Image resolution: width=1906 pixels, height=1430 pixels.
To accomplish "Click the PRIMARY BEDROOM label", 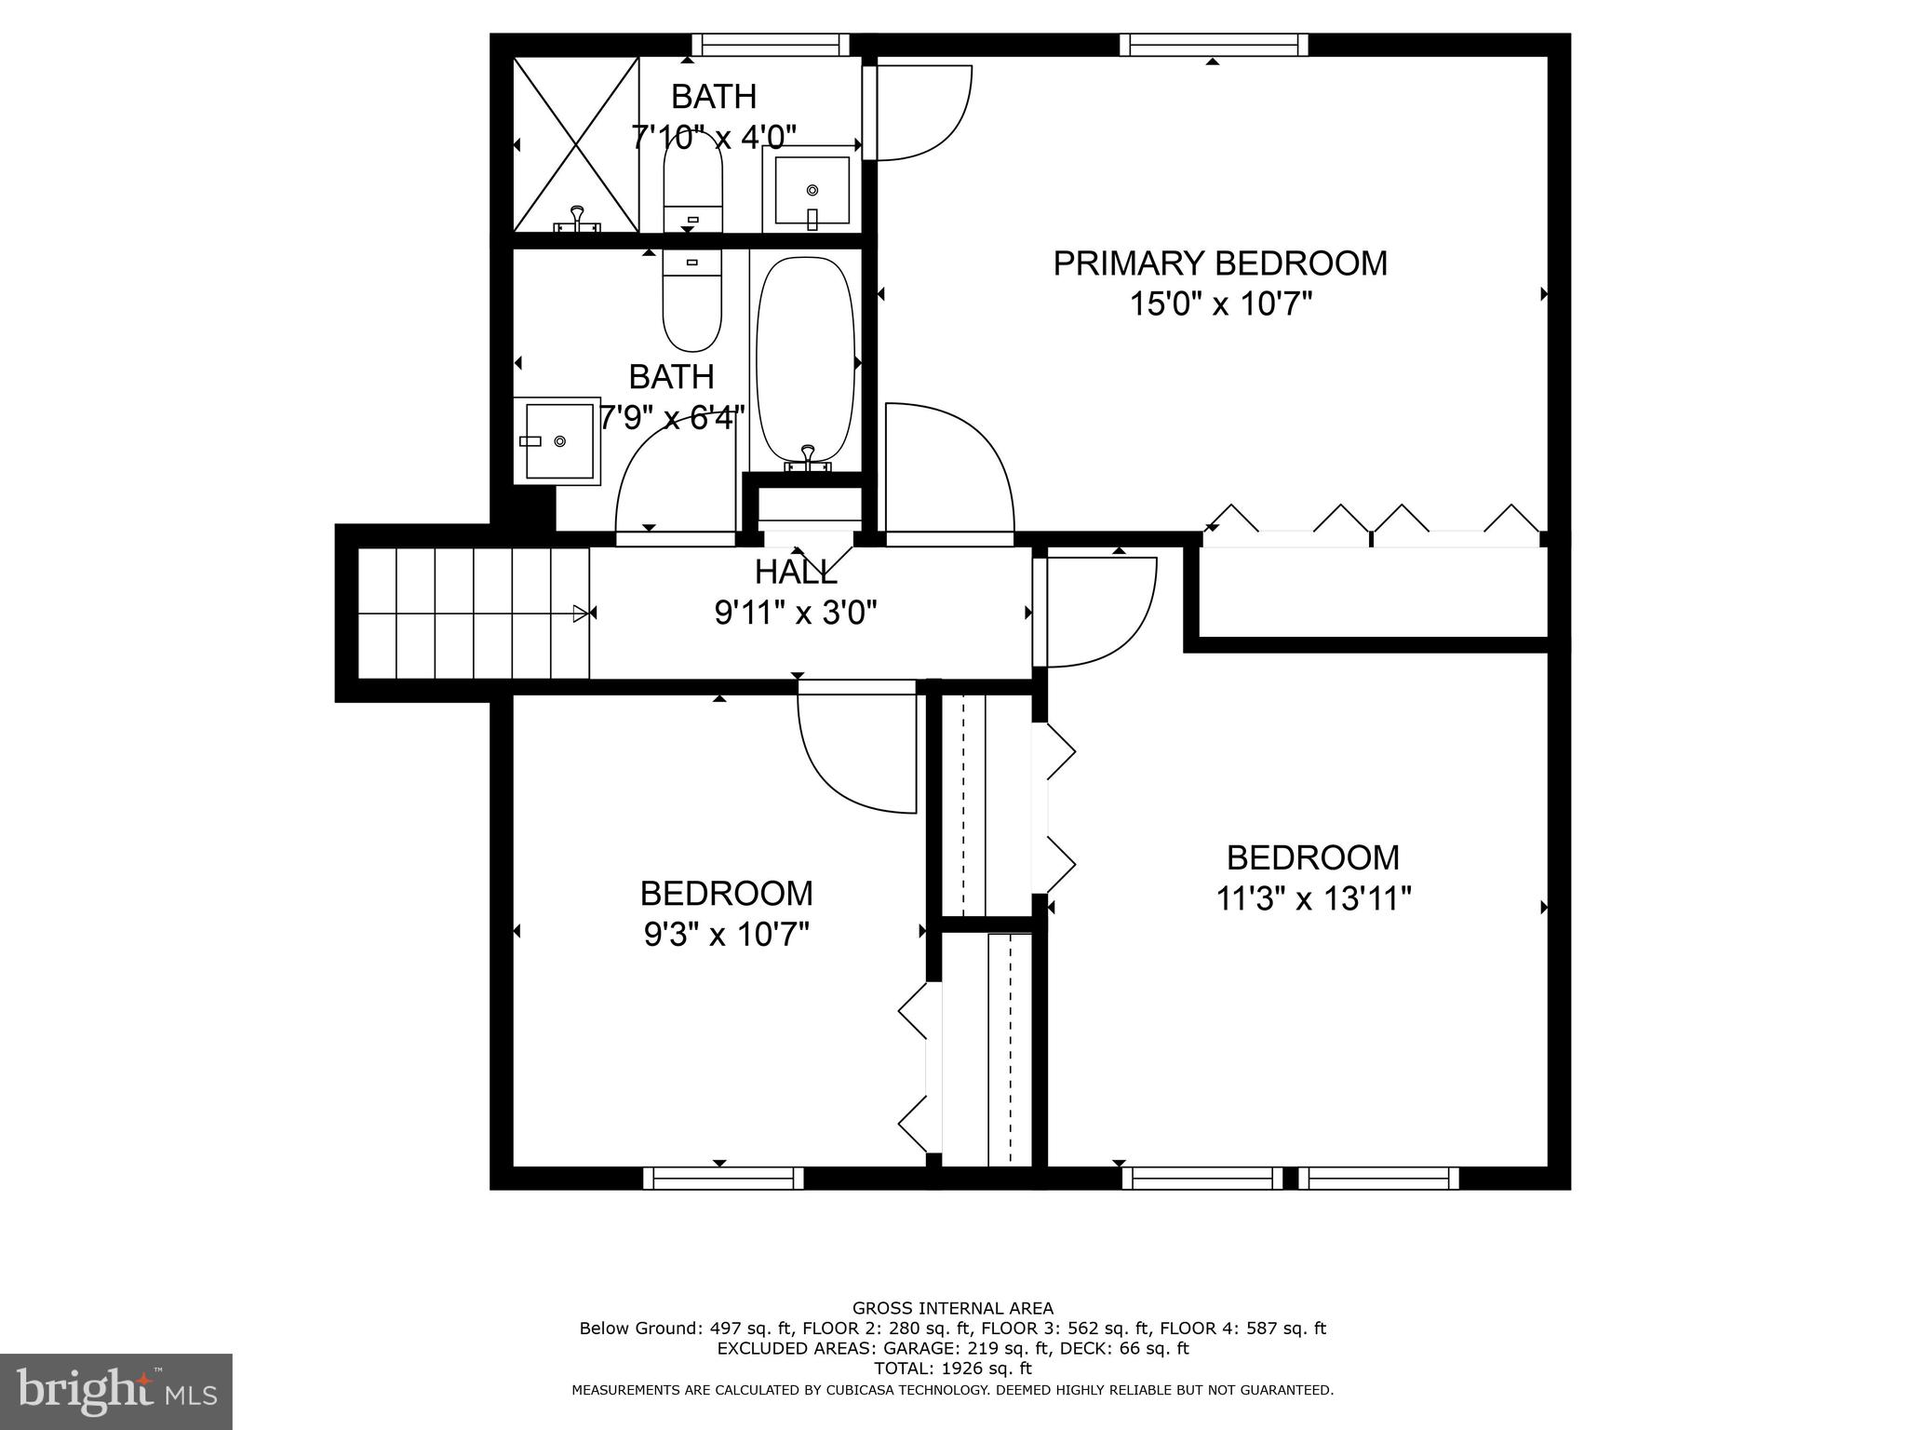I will [x=1219, y=263].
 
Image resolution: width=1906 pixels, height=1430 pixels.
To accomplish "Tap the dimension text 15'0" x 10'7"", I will [x=1220, y=304].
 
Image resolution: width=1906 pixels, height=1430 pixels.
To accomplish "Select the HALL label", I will [x=795, y=571].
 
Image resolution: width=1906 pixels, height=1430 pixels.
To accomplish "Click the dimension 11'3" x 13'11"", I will [x=1313, y=898].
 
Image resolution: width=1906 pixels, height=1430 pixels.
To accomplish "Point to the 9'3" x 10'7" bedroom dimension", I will [x=726, y=934].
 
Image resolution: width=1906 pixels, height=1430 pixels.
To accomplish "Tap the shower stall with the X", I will [x=576, y=144].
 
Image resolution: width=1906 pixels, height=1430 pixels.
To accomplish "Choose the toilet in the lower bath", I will [x=691, y=303].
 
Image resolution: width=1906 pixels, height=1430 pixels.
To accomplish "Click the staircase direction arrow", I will [x=581, y=613].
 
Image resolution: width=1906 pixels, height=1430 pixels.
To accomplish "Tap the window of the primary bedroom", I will [x=1213, y=45].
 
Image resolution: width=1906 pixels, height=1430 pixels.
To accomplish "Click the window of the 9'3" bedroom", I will [x=723, y=1178].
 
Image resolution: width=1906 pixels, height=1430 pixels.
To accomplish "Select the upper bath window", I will [x=771, y=45].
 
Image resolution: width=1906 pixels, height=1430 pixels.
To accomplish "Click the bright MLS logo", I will [x=116, y=1391].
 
